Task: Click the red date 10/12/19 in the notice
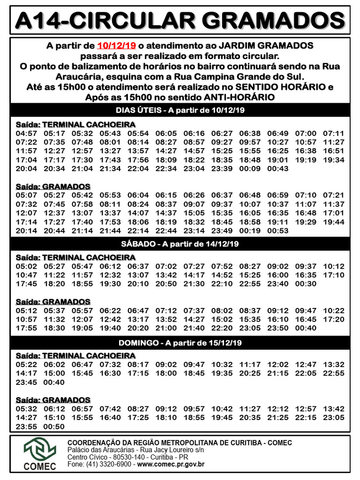(116, 45)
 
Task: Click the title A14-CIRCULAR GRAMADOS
(180, 20)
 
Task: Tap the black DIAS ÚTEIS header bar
(180, 110)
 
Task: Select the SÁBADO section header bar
(180, 244)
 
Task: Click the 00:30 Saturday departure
(306, 284)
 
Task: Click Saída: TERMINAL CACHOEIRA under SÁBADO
(75, 257)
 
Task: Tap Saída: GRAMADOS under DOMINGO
(53, 400)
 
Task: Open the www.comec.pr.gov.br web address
(171, 464)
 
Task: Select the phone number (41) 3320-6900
(110, 464)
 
